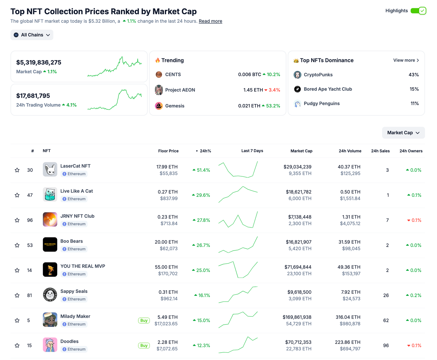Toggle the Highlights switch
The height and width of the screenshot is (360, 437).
click(418, 11)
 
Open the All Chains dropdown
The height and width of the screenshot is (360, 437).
click(32, 35)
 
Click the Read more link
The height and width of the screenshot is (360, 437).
click(210, 21)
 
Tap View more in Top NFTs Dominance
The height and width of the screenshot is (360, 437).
click(406, 60)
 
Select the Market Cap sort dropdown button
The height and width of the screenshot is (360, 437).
click(403, 133)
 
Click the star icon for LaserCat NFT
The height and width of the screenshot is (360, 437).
click(17, 170)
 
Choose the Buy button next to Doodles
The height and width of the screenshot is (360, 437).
click(144, 345)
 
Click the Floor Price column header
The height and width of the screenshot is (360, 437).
click(168, 151)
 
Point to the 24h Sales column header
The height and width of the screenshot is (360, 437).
click(380, 151)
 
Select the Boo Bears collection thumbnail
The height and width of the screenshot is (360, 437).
click(50, 245)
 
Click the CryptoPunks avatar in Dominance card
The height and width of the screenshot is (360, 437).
click(297, 75)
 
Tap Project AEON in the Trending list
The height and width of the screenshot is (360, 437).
click(180, 90)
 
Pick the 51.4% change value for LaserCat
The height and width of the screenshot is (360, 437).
click(201, 170)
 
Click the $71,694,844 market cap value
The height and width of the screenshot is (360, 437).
click(298, 267)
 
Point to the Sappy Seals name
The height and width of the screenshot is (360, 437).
click(74, 291)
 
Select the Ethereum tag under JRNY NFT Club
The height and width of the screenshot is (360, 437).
click(74, 224)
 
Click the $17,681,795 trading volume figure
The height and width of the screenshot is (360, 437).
click(33, 96)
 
